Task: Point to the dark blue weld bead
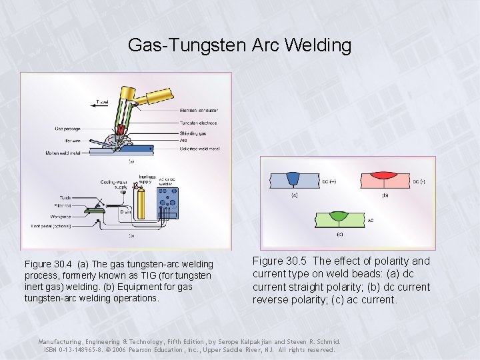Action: pyautogui.click(x=293, y=178)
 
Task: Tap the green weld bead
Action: pyautogui.click(x=339, y=217)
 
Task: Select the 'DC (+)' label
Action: pyautogui.click(x=329, y=181)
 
